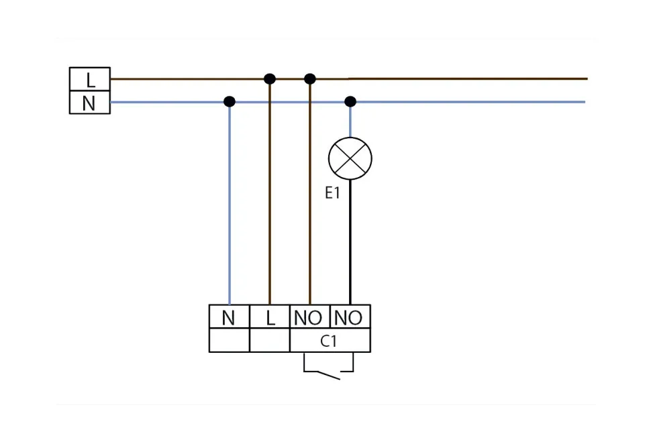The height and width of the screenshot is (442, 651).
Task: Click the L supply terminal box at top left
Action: coord(90,80)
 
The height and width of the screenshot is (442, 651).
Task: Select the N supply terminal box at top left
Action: coord(90,103)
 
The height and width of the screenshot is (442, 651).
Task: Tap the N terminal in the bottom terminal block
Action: coord(229,317)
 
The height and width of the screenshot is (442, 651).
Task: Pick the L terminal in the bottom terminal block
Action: coord(270,317)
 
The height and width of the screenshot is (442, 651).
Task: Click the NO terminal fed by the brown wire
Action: coord(309,317)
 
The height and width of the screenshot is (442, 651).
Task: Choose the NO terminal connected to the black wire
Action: coord(349,317)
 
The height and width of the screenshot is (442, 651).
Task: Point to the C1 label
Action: coord(328,341)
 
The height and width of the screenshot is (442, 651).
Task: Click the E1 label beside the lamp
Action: coord(333,194)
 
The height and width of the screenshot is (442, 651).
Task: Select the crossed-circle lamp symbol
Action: coord(350,159)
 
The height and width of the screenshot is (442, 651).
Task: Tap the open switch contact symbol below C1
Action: coord(329,373)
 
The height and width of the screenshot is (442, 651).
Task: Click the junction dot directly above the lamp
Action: coord(350,102)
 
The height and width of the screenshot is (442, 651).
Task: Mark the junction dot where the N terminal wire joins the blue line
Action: coord(230,102)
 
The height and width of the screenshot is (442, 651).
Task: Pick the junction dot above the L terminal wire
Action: coord(270,79)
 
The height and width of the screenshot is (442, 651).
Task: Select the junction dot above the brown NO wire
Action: coord(309,79)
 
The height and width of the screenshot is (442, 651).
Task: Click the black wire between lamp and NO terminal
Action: coord(350,241)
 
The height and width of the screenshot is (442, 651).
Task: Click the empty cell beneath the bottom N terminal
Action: coord(229,340)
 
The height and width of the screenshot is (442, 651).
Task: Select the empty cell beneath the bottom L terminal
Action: coord(270,340)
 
